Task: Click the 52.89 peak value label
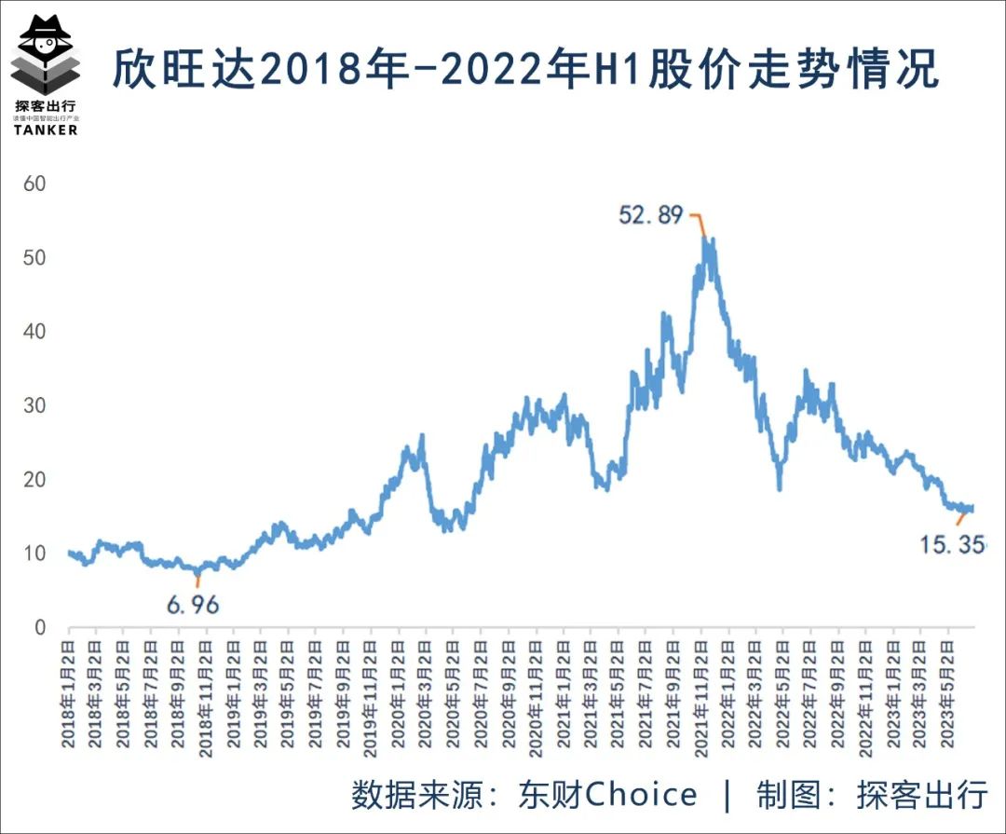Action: (x=651, y=215)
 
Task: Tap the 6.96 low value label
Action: (x=193, y=605)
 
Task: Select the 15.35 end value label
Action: (x=951, y=544)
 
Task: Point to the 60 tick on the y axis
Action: (x=34, y=184)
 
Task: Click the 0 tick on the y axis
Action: (x=40, y=627)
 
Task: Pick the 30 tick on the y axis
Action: (x=34, y=405)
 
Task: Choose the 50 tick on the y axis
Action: (x=34, y=257)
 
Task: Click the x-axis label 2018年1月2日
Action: (x=69, y=690)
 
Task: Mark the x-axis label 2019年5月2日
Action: (x=289, y=690)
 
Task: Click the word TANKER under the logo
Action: (x=46, y=130)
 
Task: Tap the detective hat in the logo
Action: (x=45, y=28)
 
